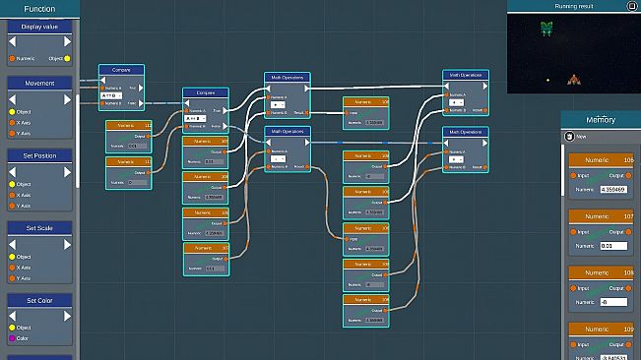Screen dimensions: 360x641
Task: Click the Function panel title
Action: [x=39, y=9]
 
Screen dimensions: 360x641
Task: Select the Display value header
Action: [x=40, y=27]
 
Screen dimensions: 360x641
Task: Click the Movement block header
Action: [x=40, y=84]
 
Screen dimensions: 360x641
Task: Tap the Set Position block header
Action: [x=40, y=155]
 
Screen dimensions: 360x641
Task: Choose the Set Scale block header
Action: [x=40, y=227]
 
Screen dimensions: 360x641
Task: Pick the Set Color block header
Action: [x=40, y=300]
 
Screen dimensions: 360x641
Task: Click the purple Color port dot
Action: [x=11, y=338]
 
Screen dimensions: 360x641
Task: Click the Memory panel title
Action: [x=601, y=120]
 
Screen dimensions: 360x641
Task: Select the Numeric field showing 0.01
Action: [x=613, y=245]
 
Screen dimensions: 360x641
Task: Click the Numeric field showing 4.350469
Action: [x=613, y=189]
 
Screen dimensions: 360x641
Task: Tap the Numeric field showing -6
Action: [x=613, y=302]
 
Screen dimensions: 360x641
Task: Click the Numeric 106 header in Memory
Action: [x=601, y=159]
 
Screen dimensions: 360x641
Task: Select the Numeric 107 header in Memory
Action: [x=601, y=215]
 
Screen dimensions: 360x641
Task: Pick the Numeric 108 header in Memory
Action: [x=601, y=272]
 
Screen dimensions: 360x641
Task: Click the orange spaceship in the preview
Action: [x=572, y=79]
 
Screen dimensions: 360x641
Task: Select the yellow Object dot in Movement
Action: [x=11, y=111]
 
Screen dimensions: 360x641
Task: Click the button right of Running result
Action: [x=632, y=6]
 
